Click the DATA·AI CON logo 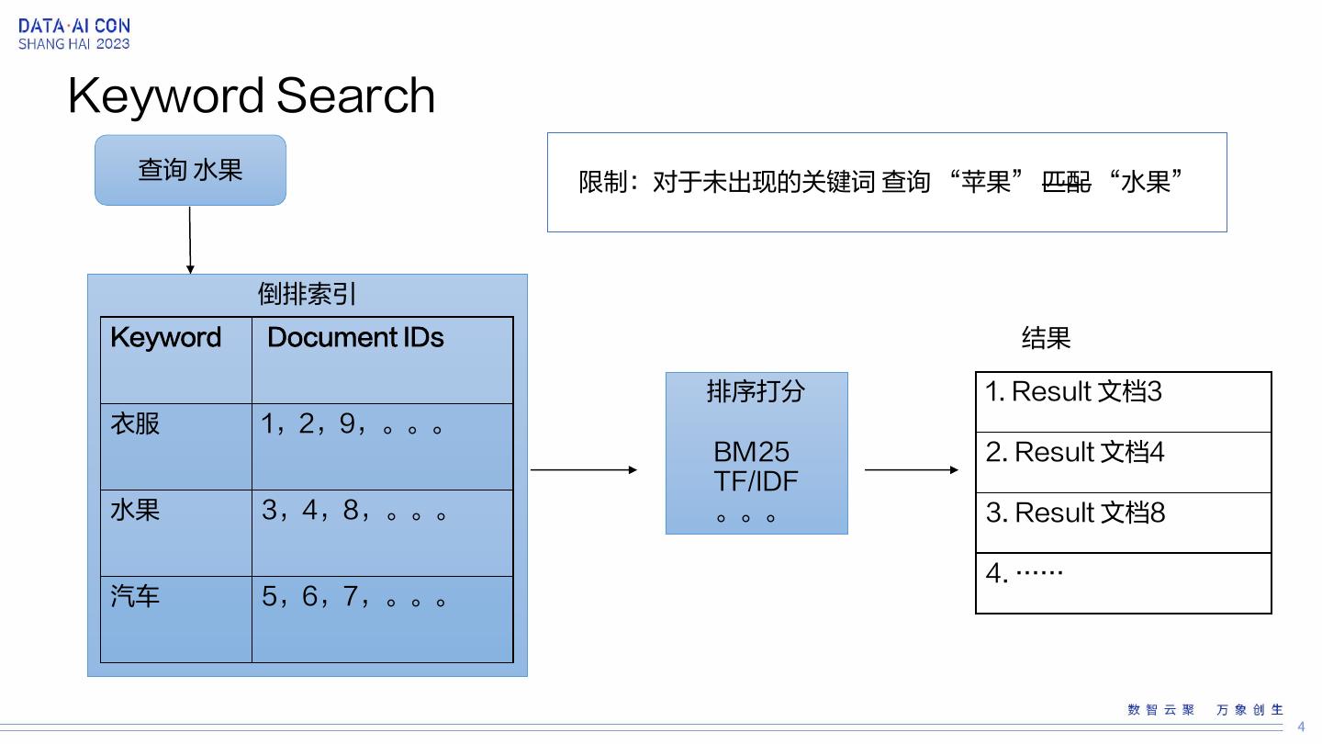point(74,34)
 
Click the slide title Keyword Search point(252,96)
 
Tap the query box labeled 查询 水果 point(190,170)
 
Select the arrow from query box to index point(190,239)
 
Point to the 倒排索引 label point(307,294)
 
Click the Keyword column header point(166,338)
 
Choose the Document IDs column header point(355,338)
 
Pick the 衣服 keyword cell point(135,423)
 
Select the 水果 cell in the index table point(135,510)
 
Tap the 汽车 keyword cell point(135,597)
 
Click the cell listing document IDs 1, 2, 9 point(353,424)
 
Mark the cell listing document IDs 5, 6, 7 point(354,597)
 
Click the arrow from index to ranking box point(584,469)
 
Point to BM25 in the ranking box point(751,452)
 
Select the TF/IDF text point(756,481)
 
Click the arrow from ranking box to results point(912,469)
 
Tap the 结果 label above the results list point(1046,338)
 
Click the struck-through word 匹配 point(1066,182)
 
